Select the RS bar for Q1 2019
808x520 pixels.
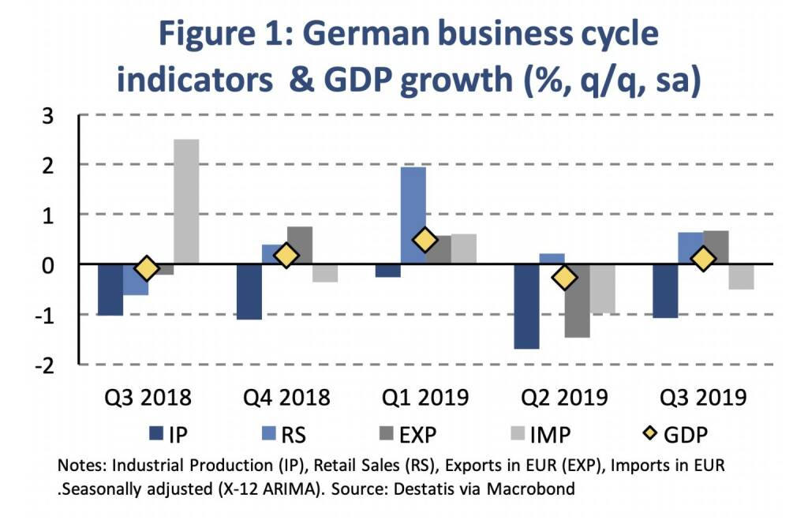click(413, 215)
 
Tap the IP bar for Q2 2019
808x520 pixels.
click(526, 305)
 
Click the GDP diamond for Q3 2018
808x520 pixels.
click(147, 268)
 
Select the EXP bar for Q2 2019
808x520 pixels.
click(577, 301)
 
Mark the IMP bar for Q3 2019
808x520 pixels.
click(741, 276)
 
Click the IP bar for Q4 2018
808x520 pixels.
click(249, 291)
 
